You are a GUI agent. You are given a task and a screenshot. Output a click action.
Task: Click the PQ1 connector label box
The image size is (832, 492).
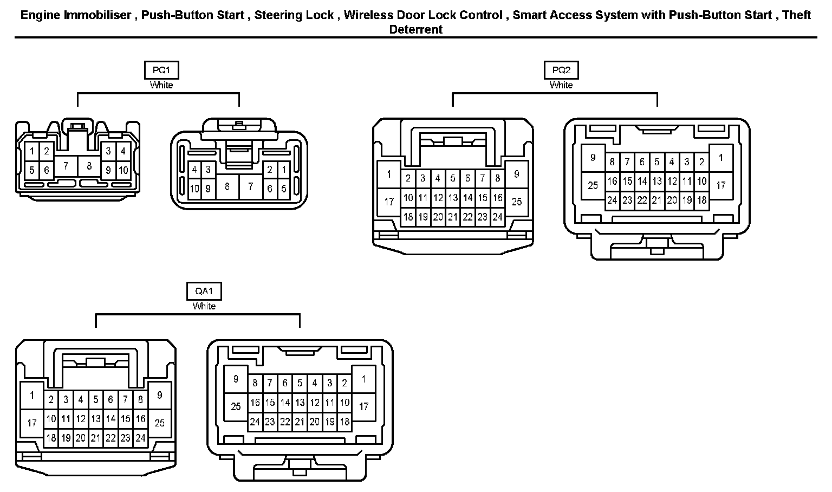pyautogui.click(x=161, y=70)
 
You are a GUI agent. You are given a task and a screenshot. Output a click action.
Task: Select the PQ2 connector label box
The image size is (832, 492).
pyautogui.click(x=561, y=70)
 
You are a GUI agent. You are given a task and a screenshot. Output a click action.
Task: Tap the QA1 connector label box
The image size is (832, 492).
pyautogui.click(x=204, y=291)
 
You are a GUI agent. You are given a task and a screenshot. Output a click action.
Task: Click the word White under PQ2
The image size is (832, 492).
pyautogui.click(x=561, y=85)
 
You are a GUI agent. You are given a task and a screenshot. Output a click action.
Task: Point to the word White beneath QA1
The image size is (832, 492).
pyautogui.click(x=204, y=306)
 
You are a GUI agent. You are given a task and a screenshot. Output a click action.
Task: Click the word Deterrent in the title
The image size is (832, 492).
pyautogui.click(x=416, y=30)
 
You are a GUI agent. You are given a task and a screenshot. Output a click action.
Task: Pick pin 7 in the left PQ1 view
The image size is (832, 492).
pyautogui.click(x=66, y=166)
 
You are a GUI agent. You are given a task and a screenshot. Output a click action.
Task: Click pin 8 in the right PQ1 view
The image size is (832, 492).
pyautogui.click(x=227, y=187)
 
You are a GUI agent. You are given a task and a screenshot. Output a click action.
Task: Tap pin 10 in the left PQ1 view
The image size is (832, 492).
pyautogui.click(x=123, y=170)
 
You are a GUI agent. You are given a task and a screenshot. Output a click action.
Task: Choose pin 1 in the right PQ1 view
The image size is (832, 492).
pyautogui.click(x=284, y=170)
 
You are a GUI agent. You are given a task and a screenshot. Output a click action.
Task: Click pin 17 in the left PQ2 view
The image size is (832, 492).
pyautogui.click(x=389, y=202)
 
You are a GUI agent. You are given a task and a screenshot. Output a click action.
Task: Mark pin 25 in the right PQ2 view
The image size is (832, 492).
pyautogui.click(x=593, y=185)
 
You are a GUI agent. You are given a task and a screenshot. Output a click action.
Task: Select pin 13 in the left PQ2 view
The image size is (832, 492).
pyautogui.click(x=453, y=198)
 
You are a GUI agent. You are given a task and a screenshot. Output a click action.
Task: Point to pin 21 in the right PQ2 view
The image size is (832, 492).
pyautogui.click(x=656, y=200)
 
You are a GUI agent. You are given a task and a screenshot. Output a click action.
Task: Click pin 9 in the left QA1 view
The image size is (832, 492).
pyautogui.click(x=159, y=396)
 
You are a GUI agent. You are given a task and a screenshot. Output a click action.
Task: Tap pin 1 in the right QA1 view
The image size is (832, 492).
pyautogui.click(x=363, y=379)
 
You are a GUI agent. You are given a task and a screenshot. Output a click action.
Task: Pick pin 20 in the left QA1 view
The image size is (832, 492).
pyautogui.click(x=80, y=438)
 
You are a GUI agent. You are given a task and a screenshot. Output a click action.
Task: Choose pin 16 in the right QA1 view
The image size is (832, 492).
pyautogui.click(x=255, y=403)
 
